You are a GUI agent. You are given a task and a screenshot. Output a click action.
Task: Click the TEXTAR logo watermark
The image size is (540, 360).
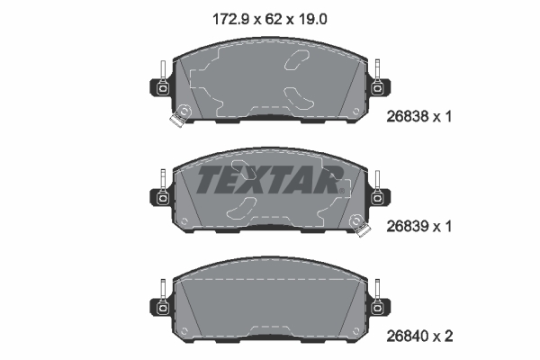pyautogui.click(x=270, y=179)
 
